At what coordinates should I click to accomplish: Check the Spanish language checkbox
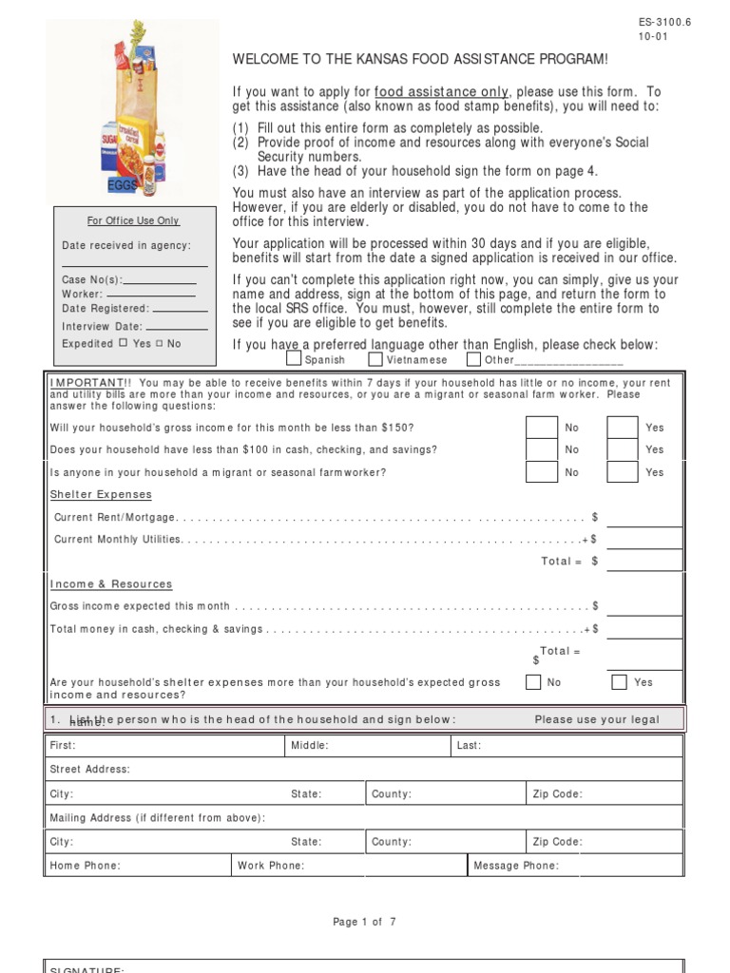295,359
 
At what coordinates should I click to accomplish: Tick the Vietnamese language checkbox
375,359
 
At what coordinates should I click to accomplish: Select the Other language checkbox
473,359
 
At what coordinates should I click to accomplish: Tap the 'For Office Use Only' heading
133,220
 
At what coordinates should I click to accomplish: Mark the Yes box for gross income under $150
623,428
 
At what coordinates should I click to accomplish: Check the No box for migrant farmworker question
542,472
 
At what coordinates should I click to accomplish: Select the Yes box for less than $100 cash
623,449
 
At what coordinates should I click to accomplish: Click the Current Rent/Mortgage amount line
644,518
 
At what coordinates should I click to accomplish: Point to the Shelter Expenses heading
101,495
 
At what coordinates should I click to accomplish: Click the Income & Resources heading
111,584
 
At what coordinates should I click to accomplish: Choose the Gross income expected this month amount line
644,606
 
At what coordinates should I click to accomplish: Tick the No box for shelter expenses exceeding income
534,681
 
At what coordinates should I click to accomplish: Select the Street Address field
365,769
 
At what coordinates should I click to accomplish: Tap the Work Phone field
350,866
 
